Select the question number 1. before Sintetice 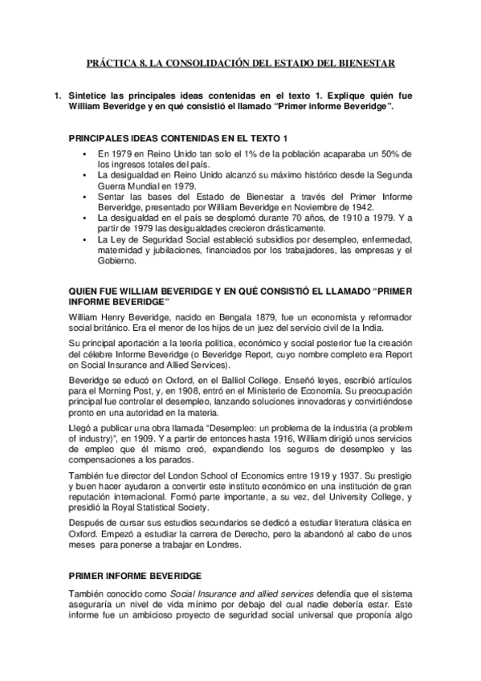[x=57, y=96]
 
